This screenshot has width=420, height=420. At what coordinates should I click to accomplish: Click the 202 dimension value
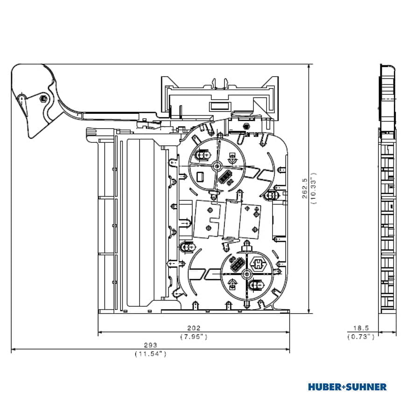point(194,328)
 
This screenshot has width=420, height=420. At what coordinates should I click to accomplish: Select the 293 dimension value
point(151,345)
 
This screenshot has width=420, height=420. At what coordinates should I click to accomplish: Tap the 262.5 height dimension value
point(305,189)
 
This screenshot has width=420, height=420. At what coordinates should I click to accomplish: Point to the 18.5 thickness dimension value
point(361,328)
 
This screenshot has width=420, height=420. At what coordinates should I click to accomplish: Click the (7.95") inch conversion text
point(194,336)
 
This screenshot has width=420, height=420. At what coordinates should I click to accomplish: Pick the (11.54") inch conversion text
point(151,354)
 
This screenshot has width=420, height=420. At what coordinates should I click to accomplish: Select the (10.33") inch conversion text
point(314,189)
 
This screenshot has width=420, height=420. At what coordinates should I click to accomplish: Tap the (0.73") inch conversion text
point(361,336)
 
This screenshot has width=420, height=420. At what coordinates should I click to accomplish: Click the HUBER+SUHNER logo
point(347,387)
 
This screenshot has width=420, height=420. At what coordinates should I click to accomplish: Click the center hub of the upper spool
point(217,166)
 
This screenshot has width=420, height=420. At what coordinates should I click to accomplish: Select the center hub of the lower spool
point(246,274)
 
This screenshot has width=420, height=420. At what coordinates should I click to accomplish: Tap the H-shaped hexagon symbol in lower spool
point(258,264)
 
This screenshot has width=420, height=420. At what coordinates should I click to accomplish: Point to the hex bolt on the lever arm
point(43,98)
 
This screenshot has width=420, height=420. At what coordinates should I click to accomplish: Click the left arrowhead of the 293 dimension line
point(14,349)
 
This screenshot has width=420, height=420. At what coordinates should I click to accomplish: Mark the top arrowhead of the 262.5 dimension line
point(309,66)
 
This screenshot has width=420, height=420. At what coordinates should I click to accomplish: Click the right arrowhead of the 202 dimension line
point(287,332)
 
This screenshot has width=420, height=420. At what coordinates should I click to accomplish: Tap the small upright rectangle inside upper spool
point(200,176)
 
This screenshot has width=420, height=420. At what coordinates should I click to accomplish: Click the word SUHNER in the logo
point(366,387)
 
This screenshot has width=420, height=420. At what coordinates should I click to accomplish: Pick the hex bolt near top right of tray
point(245,126)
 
